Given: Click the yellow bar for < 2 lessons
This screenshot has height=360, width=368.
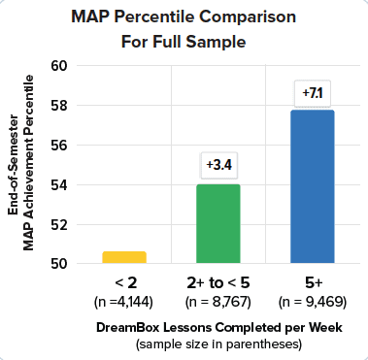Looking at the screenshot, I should pos(124,257).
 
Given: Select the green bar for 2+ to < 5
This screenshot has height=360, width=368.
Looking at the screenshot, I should pos(218,224).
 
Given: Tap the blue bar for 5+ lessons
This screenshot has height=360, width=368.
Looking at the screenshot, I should pos(313,186).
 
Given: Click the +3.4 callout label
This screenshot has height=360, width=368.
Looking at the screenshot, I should pos(218,164).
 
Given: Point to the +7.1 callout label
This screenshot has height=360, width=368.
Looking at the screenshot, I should pos(313,93).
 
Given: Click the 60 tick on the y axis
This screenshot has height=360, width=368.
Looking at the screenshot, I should pos(60,65).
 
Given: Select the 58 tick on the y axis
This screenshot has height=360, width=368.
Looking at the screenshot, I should pos(60,105).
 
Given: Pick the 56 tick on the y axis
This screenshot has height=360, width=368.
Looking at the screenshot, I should pos(60,145).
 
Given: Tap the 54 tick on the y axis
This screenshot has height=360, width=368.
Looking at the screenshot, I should pos(60,184).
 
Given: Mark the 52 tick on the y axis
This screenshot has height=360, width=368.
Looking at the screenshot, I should pos(60,224).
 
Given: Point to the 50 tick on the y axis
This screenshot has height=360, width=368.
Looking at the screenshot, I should pos(60,263).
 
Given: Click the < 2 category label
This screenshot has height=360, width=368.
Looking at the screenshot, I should pos(124,282).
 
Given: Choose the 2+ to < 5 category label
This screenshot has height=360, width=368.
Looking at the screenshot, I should pos(218,282).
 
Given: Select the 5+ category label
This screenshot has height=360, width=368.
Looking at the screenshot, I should pos(313,282).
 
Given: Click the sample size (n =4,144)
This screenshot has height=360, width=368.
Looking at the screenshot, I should pos(124,302).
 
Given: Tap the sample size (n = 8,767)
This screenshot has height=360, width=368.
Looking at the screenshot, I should pos(218,302).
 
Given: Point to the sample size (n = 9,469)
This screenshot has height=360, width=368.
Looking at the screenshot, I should pos(313,302).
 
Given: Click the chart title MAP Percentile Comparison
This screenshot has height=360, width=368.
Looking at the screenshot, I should pos(184,18).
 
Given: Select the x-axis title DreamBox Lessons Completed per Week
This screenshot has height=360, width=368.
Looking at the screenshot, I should pos(218,327).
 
